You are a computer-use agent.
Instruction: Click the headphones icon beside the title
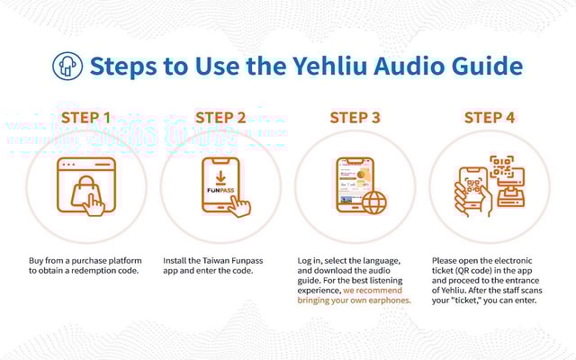tap(67, 66)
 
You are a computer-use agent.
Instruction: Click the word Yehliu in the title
tap(329, 66)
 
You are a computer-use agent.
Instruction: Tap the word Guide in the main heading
tap(487, 66)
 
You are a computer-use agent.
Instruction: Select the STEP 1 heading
tap(86, 118)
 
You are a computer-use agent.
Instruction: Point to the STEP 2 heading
tap(220, 118)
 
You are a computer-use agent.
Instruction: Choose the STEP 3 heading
tap(355, 118)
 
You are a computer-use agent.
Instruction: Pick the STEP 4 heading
tap(490, 118)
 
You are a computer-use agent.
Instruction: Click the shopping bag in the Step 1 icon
tap(85, 192)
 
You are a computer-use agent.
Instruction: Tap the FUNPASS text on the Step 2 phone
tap(220, 190)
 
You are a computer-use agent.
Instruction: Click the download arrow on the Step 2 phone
tap(220, 177)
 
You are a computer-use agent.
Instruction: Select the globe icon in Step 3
tap(374, 202)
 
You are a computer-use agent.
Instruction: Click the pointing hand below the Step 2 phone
tap(239, 206)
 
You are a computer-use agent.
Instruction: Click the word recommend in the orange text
tap(379, 291)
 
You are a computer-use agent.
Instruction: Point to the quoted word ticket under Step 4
tap(460, 301)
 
